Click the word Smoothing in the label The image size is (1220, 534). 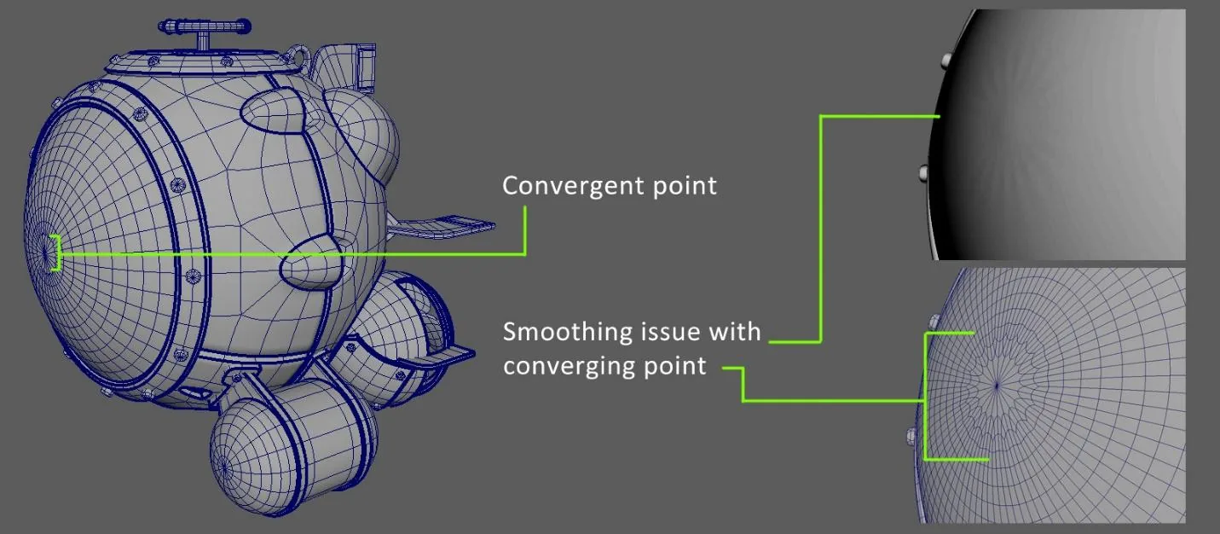[x=564, y=333]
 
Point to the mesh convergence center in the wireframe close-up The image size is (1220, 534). [x=997, y=386]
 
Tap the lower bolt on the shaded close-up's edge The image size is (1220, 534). [x=923, y=174]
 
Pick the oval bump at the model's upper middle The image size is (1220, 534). [x=272, y=111]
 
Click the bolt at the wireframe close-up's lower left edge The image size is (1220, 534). [x=911, y=436]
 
